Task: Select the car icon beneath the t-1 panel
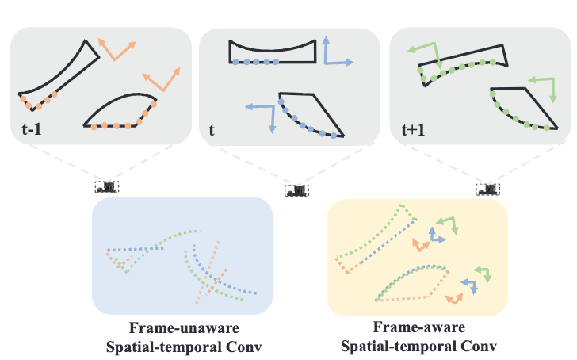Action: pos(106,186)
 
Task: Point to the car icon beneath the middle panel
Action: pos(296,190)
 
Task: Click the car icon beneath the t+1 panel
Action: pos(487,189)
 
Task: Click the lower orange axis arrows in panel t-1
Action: pos(162,80)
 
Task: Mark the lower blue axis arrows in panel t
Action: pos(262,116)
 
